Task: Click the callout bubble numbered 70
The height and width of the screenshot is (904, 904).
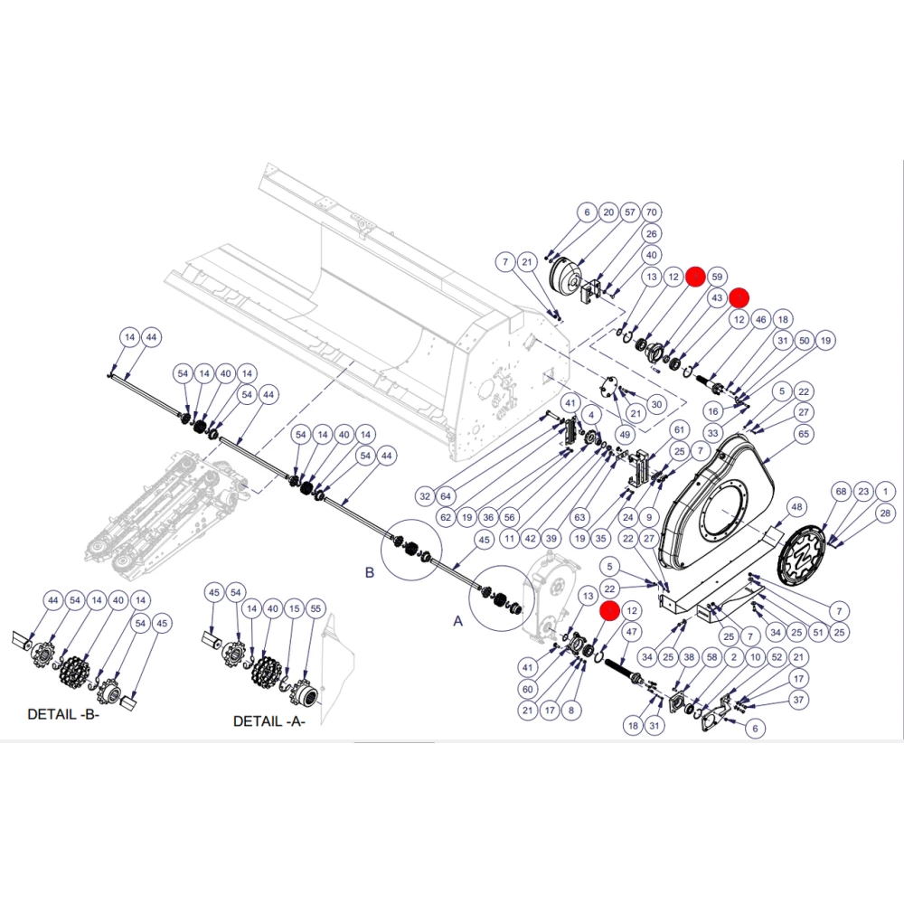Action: click(652, 212)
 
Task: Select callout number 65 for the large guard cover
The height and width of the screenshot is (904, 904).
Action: click(804, 434)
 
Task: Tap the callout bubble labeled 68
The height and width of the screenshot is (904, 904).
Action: click(842, 491)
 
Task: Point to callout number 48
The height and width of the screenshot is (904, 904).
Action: click(796, 507)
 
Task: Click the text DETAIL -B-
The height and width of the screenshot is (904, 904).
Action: click(63, 714)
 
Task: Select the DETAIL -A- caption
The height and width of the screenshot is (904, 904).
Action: click(269, 721)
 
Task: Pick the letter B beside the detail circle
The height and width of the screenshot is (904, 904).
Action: click(370, 572)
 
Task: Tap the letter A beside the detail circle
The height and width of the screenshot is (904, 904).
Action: click(457, 621)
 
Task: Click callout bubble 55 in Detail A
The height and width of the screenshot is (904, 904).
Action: click(315, 608)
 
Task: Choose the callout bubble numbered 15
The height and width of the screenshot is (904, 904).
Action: click(295, 608)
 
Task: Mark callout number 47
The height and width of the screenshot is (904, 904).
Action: click(632, 632)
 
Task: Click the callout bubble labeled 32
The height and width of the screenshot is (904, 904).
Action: click(425, 496)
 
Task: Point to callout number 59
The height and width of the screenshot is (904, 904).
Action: click(717, 277)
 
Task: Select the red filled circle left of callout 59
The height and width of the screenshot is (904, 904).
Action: click(695, 277)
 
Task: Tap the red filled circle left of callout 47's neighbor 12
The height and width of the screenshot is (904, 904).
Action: click(610, 610)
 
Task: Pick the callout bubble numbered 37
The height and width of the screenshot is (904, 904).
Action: click(798, 700)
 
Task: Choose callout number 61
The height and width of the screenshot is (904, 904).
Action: click(679, 429)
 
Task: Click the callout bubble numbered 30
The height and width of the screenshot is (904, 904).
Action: click(656, 405)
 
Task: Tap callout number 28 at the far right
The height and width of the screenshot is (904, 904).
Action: click(886, 513)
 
